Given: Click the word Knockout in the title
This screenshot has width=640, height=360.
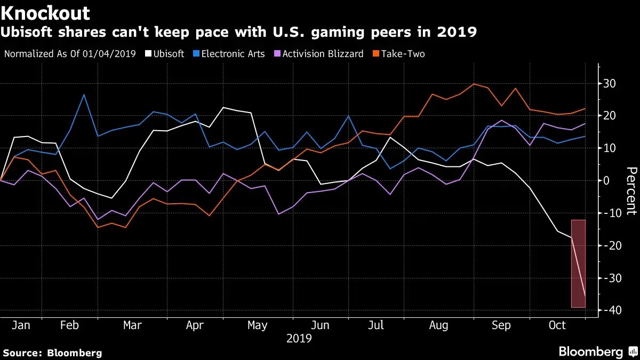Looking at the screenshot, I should click(x=45, y=13).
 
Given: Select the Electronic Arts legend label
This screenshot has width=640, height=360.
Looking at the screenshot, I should click(x=233, y=53).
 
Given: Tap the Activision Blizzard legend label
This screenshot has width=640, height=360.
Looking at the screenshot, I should click(x=323, y=53).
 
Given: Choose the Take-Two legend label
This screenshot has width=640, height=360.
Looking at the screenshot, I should click(x=402, y=53).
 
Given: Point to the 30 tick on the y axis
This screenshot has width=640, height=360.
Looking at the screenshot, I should click(x=610, y=84).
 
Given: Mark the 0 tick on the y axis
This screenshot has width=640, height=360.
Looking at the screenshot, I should click(x=607, y=181).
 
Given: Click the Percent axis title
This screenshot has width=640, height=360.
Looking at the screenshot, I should click(x=630, y=190).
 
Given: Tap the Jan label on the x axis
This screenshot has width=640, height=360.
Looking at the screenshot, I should click(x=20, y=325).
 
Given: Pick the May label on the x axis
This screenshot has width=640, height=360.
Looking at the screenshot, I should click(x=258, y=325).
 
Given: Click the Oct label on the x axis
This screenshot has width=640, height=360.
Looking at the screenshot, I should click(x=557, y=325).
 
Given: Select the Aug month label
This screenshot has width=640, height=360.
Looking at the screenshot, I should click(x=438, y=325).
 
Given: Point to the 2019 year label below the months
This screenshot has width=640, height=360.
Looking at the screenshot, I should click(x=299, y=339).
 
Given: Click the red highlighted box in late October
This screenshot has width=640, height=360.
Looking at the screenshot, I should click(x=579, y=263).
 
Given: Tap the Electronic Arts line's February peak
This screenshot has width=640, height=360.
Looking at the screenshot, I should click(x=84, y=95).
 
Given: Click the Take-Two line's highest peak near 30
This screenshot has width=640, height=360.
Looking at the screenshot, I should click(x=474, y=84).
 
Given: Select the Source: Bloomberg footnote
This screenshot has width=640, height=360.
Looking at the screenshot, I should click(x=52, y=353).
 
